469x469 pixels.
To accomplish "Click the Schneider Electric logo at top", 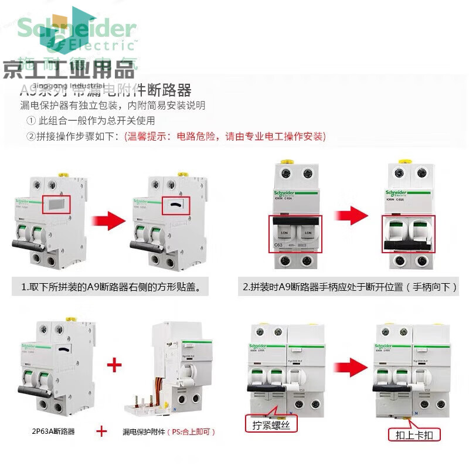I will click(x=77, y=32).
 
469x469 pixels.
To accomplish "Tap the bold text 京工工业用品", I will click(x=69, y=70).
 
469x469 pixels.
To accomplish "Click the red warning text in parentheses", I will click(x=225, y=136).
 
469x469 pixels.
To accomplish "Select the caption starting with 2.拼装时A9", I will click(x=350, y=287).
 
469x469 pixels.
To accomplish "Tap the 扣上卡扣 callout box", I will click(x=414, y=435).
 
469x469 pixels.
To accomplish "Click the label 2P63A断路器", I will click(x=53, y=432).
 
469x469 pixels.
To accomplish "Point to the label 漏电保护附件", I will click(x=144, y=432).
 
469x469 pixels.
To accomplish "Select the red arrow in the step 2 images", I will click(x=351, y=216).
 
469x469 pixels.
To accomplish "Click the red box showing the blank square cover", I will click(x=56, y=205).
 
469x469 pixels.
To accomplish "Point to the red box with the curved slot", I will click(x=175, y=205).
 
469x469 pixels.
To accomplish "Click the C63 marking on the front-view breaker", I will click(x=279, y=246).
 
